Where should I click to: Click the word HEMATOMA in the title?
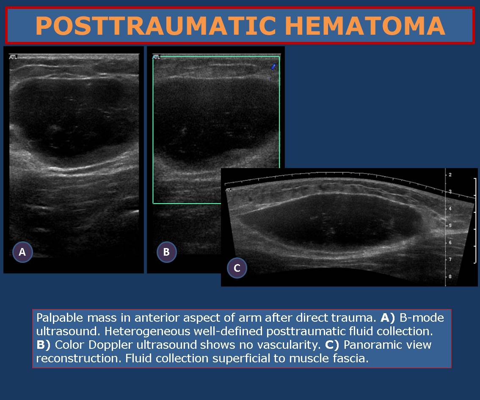(x=365, y=26)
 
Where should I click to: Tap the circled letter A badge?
(x=22, y=252)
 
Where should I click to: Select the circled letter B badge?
(x=166, y=252)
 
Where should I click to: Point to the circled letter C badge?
(x=237, y=268)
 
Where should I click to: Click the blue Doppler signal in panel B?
(x=273, y=66)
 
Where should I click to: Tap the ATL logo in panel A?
(x=13, y=57)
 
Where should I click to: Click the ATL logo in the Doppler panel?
(x=156, y=57)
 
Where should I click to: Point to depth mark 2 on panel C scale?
(x=450, y=175)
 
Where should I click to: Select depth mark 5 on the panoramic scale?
(x=450, y=226)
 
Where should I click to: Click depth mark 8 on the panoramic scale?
(x=450, y=276)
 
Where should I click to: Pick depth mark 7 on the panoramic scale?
(x=450, y=259)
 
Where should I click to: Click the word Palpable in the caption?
(x=60, y=318)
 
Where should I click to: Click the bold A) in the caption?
(x=388, y=318)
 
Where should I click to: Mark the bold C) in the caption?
(x=332, y=345)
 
